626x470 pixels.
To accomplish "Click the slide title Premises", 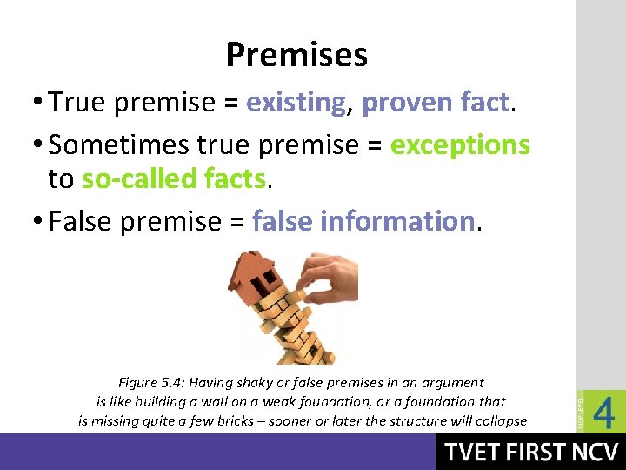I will click(296, 55).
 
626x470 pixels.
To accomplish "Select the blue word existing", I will click(296, 103).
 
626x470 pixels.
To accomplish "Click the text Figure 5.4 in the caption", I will click(150, 382).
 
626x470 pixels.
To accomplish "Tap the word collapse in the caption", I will click(498, 420).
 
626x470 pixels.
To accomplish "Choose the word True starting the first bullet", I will click(81, 103).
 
